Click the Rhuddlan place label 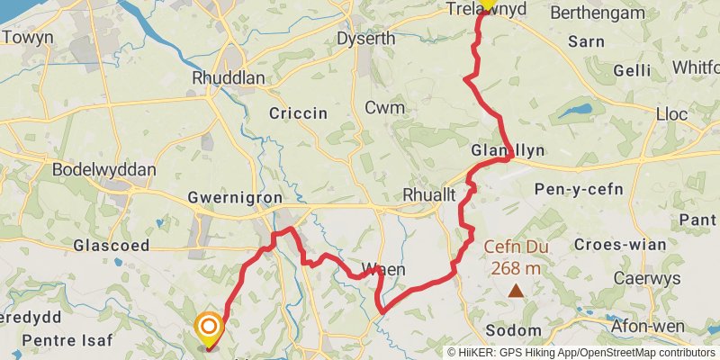tap(229, 78)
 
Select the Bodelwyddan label tap(104, 170)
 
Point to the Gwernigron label tap(235, 198)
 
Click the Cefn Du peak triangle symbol tap(516, 290)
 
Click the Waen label tap(383, 269)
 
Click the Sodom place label tap(513, 330)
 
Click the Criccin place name tap(298, 113)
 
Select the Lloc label tap(671, 115)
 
